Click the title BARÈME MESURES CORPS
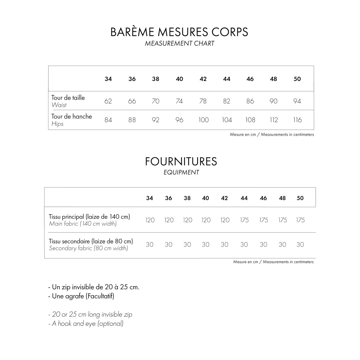179,32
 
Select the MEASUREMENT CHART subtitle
179,43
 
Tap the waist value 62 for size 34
108,101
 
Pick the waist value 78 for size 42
203,101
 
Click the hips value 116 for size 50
297,120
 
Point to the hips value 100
203,120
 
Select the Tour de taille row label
68,98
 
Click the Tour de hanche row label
72,117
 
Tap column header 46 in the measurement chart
250,79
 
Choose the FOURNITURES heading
181,161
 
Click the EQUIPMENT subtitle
181,172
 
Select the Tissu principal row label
89,217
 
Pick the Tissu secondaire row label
91,241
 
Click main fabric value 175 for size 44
244,220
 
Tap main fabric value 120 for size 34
150,220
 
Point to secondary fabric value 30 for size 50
300,245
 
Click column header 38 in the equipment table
187,198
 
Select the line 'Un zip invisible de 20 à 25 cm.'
94,287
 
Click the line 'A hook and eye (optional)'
86,324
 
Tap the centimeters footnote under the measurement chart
272,135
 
